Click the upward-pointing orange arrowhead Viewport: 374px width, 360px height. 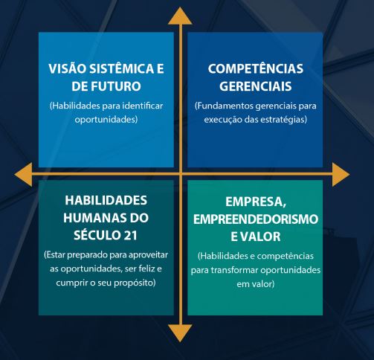click(x=180, y=16)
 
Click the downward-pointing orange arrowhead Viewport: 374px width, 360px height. click(x=180, y=333)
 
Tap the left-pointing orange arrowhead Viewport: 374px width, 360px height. click(x=23, y=175)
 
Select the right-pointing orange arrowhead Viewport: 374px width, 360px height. click(x=341, y=175)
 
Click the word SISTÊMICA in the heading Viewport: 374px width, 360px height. click(x=122, y=68)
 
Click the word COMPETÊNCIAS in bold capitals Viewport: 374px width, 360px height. click(x=256, y=68)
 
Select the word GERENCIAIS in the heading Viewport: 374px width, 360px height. click(x=256, y=86)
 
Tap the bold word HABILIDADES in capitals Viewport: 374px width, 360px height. click(x=106, y=200)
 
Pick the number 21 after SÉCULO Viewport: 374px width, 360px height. click(x=130, y=235)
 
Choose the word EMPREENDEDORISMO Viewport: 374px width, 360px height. click(x=256, y=219)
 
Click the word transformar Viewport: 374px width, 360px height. click(x=234, y=270)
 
